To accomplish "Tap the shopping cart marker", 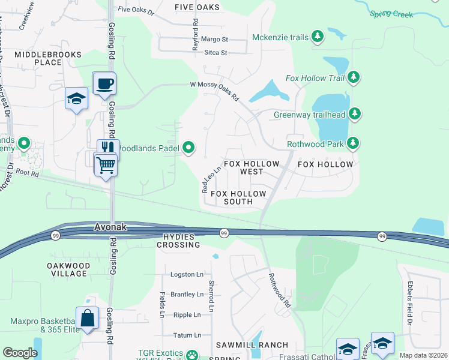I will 106,164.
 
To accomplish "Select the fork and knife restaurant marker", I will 108,148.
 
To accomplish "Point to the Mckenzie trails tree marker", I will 318,37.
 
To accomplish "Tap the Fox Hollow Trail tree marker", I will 354,77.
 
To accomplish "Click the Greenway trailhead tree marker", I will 355,113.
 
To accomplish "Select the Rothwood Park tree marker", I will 354,143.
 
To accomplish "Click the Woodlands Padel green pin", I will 189,147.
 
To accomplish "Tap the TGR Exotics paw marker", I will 191,355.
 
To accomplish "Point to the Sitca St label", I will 216,53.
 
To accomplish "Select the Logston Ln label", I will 187,275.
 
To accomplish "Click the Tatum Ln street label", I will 187,335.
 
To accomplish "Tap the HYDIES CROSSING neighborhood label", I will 178,241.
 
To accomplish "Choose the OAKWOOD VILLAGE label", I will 68,269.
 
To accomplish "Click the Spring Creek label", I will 391,13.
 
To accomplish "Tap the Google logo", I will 20,353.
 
